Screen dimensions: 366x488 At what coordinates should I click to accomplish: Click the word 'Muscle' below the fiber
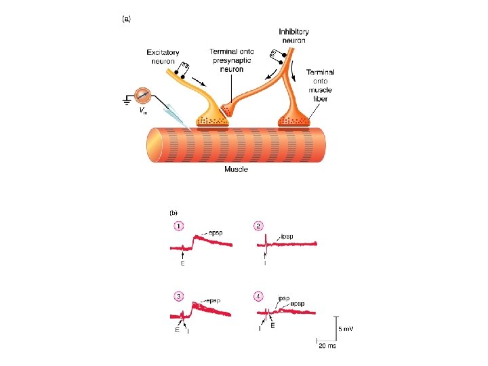click(236, 169)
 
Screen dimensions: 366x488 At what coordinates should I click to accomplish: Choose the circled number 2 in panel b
click(258, 226)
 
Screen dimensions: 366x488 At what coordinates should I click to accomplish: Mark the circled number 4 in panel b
click(258, 296)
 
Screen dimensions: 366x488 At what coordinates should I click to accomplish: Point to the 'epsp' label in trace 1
click(216, 231)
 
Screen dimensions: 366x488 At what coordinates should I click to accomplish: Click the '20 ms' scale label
click(327, 346)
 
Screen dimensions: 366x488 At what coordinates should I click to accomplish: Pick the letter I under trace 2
click(265, 263)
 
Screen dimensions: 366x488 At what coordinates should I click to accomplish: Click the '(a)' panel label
click(127, 20)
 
